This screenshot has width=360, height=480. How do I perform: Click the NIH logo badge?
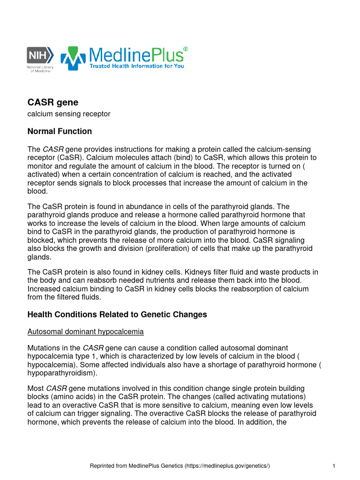[x=39, y=55]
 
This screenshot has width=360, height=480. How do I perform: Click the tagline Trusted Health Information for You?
[x=137, y=66]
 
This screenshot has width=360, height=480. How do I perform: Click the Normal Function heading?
[x=60, y=131]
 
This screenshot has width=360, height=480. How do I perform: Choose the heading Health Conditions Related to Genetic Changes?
[x=117, y=314]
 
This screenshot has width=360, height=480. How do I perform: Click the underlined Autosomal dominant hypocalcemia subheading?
[x=85, y=332]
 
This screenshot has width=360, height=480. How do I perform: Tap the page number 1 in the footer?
[x=333, y=465]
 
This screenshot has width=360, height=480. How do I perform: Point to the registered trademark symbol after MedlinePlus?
[x=186, y=49]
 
